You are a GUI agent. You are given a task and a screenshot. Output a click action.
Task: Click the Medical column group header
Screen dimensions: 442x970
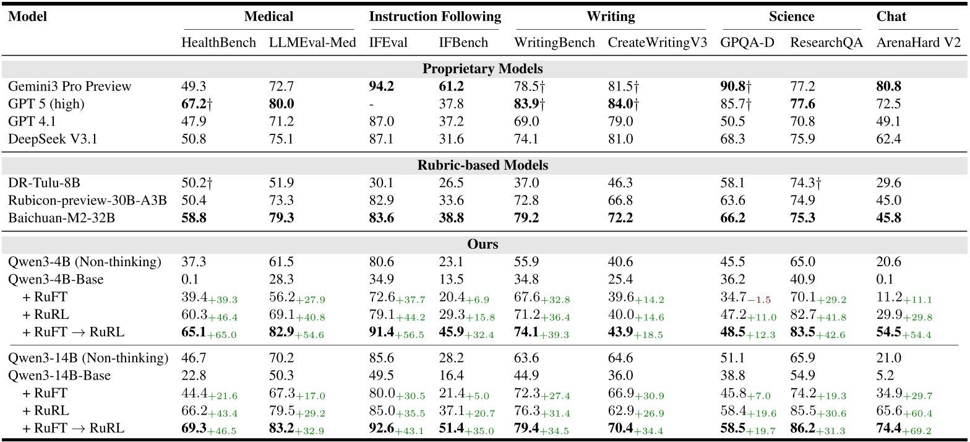coord(268,17)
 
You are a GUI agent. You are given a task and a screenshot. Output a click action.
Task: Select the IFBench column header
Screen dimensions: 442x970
coord(463,43)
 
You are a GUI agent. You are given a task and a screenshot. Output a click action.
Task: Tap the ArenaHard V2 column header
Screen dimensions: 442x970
coord(919,43)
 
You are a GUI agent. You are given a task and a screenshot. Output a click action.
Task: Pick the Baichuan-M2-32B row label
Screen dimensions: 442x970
coord(55,218)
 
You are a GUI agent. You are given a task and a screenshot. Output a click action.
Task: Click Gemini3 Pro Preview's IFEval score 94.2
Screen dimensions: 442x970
coord(382,86)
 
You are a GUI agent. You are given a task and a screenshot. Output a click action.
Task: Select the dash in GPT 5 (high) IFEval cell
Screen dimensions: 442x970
coord(372,104)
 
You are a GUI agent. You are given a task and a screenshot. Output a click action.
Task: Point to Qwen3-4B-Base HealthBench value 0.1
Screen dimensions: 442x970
coord(189,279)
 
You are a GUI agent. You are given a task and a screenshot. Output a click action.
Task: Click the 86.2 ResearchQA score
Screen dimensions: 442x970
coord(802,428)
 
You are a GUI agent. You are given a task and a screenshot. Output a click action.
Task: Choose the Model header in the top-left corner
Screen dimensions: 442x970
coord(28,17)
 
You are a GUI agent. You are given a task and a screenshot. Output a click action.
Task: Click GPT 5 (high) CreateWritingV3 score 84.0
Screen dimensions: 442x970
coord(620,104)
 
